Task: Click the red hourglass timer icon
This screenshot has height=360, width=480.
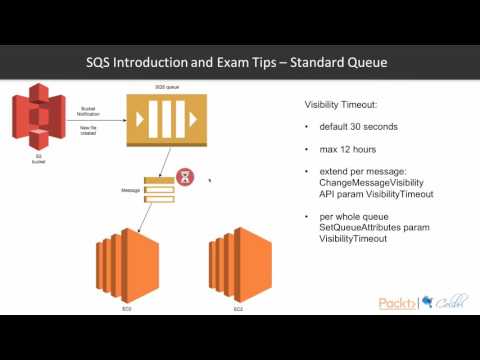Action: (x=185, y=177)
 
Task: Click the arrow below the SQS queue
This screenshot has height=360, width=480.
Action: (x=156, y=160)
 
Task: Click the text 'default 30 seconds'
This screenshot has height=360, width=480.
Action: (x=358, y=129)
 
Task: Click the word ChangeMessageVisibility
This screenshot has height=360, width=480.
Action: (x=369, y=186)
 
